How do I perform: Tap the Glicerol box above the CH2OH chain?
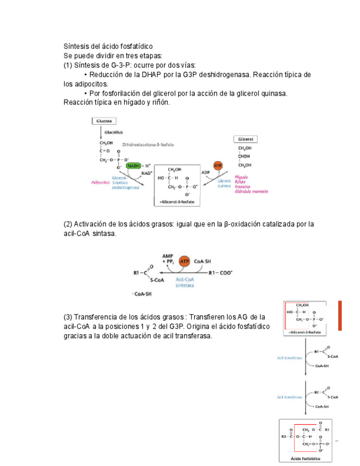[x=246, y=140]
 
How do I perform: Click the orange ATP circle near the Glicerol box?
[x=218, y=165]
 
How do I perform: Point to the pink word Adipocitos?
[x=99, y=182]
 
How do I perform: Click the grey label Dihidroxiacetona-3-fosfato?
[x=148, y=145]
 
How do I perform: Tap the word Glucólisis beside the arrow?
[x=114, y=132]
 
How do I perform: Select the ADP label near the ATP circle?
[x=206, y=172]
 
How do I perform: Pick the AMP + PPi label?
[x=168, y=258]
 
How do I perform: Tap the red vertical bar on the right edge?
[x=340, y=315]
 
